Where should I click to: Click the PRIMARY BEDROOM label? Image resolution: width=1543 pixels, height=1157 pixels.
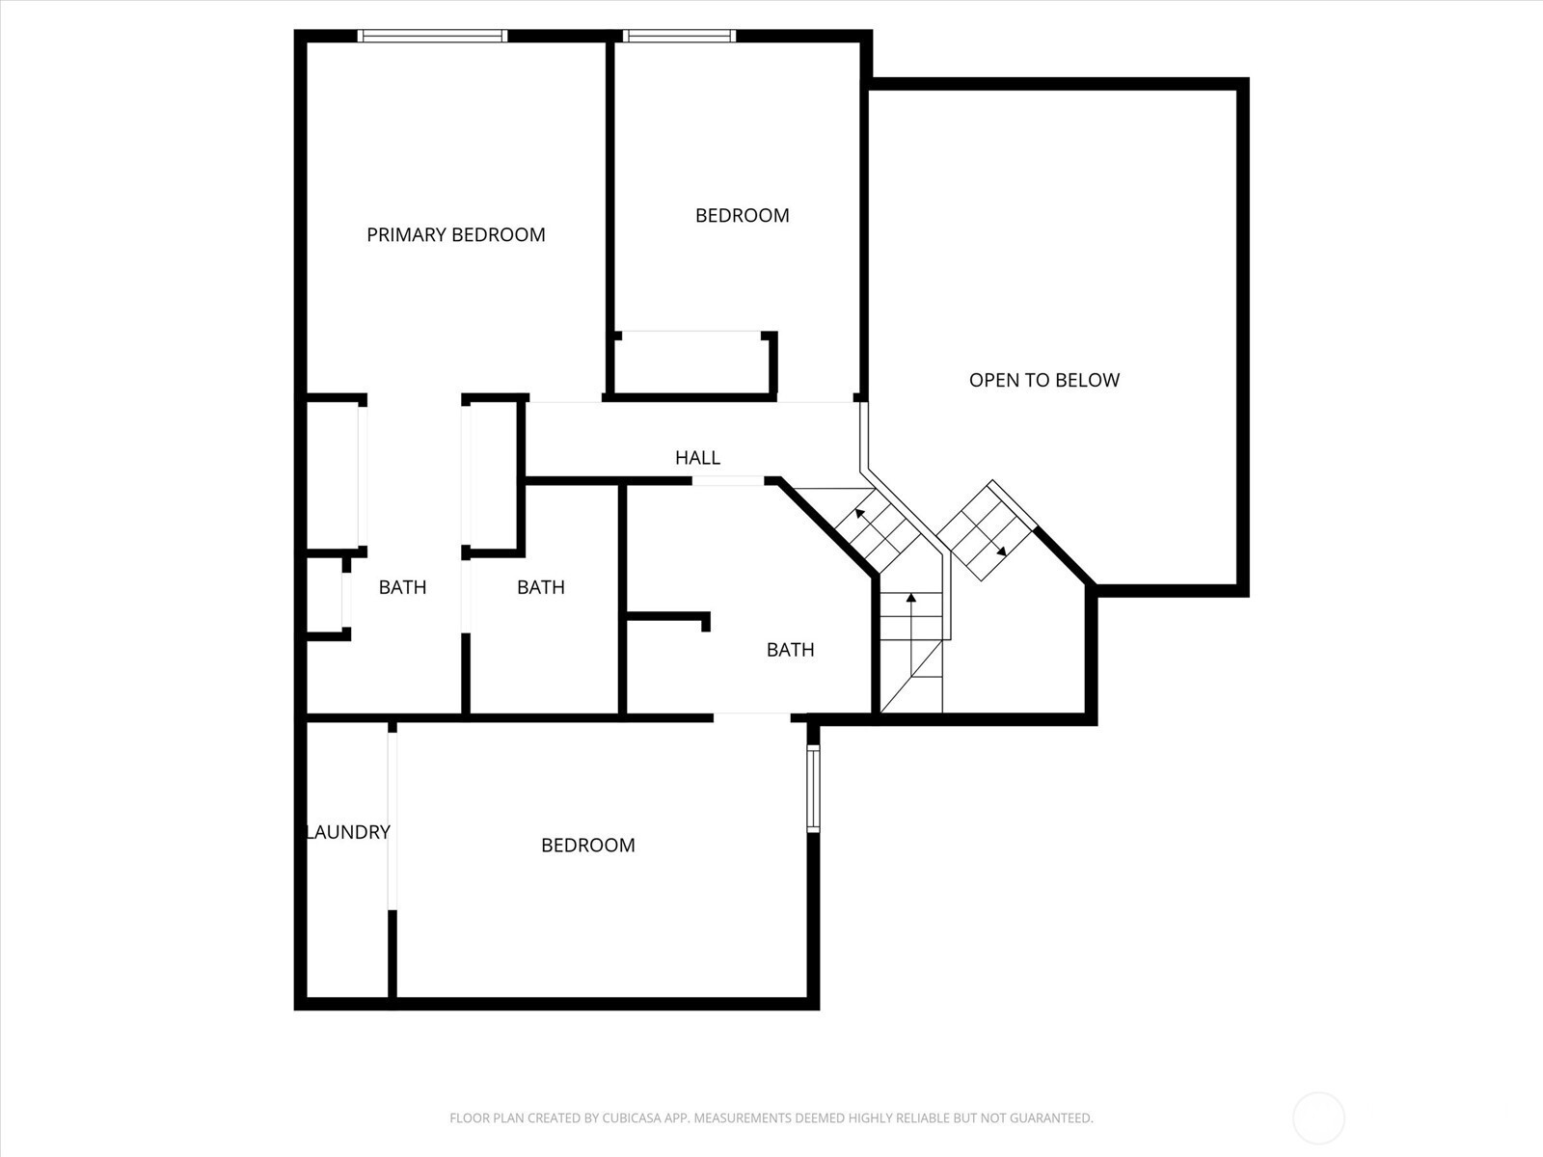pos(455,234)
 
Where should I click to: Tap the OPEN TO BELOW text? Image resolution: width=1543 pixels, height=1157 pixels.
pos(1043,380)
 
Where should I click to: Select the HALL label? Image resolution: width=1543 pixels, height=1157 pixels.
pos(697,458)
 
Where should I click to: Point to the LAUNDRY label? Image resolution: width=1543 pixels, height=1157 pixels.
pos(348,832)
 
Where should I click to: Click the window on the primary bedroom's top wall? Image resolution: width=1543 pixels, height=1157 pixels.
pos(432,36)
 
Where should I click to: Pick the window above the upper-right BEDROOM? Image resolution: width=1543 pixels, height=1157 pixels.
pos(679,36)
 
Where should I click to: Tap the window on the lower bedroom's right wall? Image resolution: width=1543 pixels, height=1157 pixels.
pos(813,789)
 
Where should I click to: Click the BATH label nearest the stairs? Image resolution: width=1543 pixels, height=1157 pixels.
pos(790,650)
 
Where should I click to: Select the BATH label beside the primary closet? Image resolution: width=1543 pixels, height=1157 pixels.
pos(402,587)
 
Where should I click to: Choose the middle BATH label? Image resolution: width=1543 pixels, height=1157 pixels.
pos(541,587)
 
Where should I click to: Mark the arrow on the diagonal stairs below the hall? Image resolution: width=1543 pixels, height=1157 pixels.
pos(877,528)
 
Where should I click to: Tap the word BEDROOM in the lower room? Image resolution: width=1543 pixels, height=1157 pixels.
pos(587,846)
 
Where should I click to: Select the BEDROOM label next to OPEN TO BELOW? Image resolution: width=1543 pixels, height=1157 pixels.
pos(742,216)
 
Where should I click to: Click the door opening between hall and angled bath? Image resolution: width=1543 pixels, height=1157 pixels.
pos(727,481)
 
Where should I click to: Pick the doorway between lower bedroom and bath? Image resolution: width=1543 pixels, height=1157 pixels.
pos(752,717)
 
